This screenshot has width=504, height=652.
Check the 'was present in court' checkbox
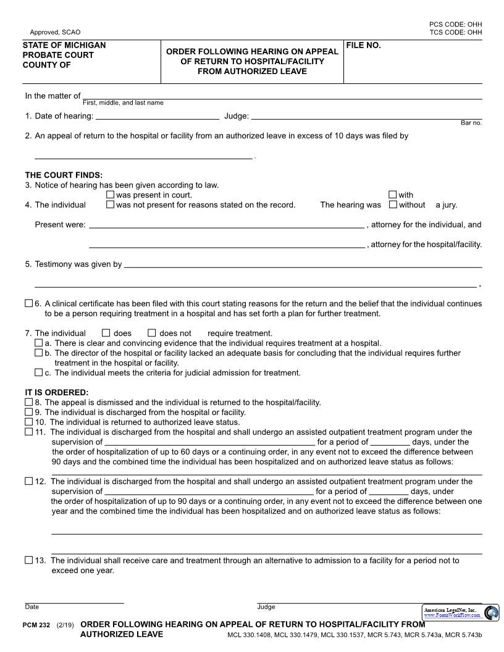(x=111, y=195)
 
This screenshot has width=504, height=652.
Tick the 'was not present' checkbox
(x=111, y=205)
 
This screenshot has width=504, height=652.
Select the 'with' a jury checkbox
(x=393, y=195)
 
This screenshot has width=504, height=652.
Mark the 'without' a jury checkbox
(x=393, y=205)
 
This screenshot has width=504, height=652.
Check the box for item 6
(x=29, y=304)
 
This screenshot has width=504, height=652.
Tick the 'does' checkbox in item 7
(x=106, y=333)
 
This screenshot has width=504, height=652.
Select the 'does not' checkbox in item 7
(x=152, y=333)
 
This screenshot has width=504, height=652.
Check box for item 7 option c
(x=39, y=373)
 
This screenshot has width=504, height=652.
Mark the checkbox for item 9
(x=29, y=412)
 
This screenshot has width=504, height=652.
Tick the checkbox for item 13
(x=29, y=561)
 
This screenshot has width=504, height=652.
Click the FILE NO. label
(x=363, y=46)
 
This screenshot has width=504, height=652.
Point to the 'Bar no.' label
(x=471, y=123)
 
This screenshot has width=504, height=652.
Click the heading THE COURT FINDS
(x=64, y=175)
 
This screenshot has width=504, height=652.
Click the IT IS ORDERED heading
(x=57, y=393)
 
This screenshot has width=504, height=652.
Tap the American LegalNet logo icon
(x=491, y=612)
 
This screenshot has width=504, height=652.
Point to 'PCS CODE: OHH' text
(x=456, y=24)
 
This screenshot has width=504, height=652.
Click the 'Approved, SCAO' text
(x=55, y=32)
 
